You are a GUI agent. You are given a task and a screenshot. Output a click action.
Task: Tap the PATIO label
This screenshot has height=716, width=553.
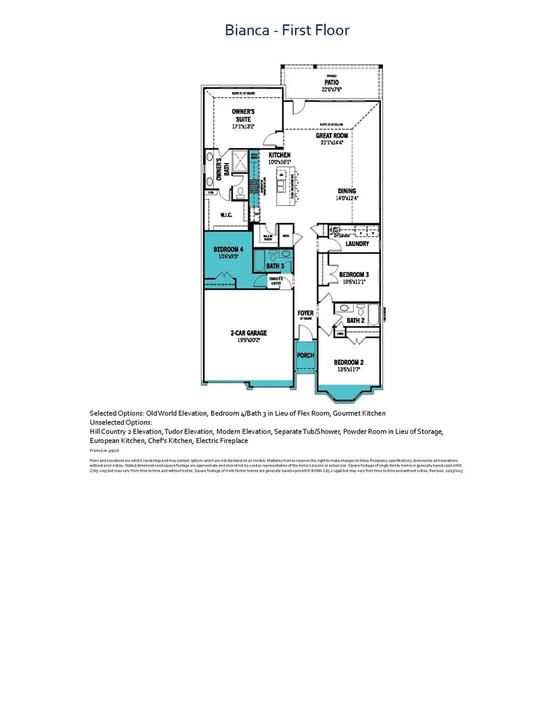[x=332, y=81]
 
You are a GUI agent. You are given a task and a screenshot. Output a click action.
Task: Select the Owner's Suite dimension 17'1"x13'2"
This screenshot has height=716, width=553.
[x=243, y=127]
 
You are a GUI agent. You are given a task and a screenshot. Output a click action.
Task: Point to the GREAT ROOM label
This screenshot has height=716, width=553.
[x=332, y=135]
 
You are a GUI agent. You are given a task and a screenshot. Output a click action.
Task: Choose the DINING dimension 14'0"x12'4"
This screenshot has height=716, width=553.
[x=345, y=199]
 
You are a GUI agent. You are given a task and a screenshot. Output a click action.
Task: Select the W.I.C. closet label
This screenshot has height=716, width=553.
[x=226, y=215]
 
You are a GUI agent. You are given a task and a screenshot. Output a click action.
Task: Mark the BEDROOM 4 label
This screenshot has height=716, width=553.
[x=228, y=250]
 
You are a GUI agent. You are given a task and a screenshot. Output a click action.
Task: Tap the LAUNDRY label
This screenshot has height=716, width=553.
[x=357, y=244]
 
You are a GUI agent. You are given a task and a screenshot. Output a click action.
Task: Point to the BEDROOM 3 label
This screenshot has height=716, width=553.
[x=354, y=274]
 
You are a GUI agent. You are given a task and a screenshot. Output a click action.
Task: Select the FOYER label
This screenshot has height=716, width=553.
[x=305, y=313]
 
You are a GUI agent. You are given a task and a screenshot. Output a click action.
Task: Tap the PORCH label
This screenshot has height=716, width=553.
[x=305, y=356]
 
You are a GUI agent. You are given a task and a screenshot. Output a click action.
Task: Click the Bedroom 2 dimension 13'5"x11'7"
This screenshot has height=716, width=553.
[x=348, y=369]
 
